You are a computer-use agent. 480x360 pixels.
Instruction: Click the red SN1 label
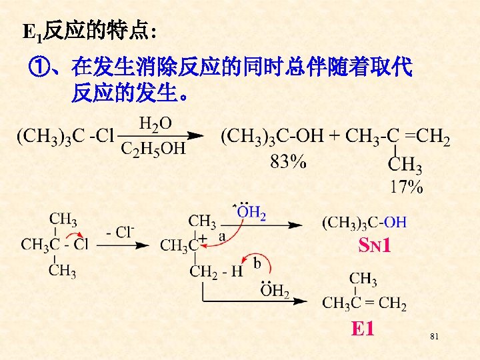[374, 247]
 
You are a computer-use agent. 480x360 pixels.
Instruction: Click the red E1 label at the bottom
[363, 329]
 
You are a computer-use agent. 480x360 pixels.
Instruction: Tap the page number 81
[435, 337]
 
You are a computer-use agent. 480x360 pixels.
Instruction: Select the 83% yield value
[289, 162]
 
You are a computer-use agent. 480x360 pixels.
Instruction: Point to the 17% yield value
[406, 187]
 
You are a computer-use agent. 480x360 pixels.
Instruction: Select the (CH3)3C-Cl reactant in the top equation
[65, 137]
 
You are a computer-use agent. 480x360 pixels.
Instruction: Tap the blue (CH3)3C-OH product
[364, 222]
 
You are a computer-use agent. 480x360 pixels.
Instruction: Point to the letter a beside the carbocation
[222, 236]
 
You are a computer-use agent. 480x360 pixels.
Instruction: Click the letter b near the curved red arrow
[257, 264]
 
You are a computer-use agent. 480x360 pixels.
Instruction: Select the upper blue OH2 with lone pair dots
[251, 213]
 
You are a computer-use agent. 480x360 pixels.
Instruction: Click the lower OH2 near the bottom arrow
[275, 291]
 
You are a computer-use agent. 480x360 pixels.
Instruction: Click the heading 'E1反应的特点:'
[89, 30]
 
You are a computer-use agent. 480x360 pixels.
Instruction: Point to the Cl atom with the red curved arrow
[81, 245]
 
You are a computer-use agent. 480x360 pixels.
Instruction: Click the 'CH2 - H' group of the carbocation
[216, 271]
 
